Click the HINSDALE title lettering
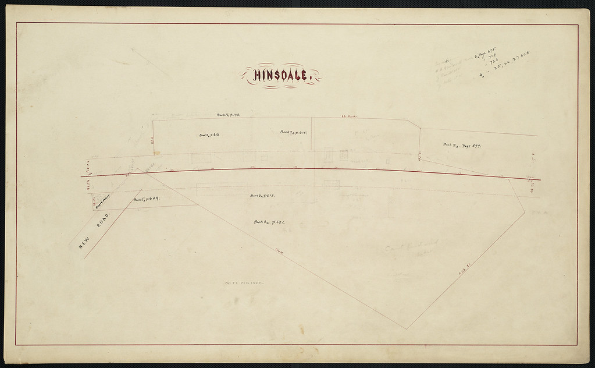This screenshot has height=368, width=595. [281, 76]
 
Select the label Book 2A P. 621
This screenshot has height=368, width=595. [268, 222]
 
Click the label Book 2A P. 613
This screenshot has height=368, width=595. [262, 196]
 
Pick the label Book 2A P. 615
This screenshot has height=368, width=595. [297, 133]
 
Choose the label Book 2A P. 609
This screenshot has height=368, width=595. [147, 200]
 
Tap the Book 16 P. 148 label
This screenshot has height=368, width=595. [229, 116]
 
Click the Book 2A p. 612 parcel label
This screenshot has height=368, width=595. [209, 135]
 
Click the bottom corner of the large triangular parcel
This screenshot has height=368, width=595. [407, 329]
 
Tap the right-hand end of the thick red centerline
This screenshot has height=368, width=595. [540, 179]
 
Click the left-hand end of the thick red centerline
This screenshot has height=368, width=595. [81, 176]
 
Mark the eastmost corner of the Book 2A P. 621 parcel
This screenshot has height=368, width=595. [525, 212]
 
